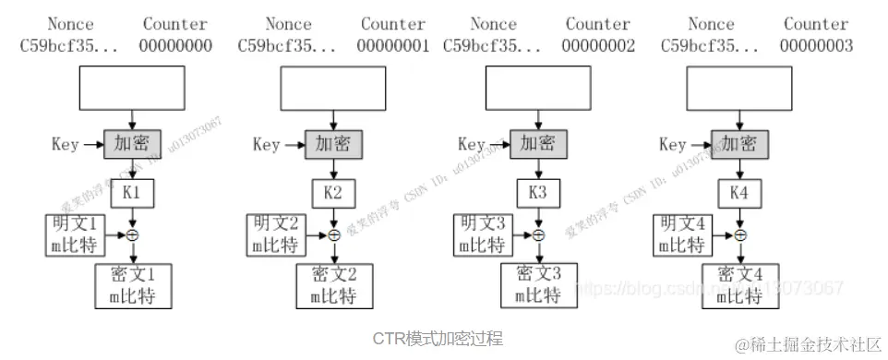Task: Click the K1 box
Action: [x=133, y=193]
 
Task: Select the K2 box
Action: [x=333, y=193]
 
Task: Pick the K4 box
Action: [x=739, y=193]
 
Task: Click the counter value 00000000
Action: [x=175, y=44]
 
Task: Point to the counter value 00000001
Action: [x=393, y=44]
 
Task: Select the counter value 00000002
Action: [x=598, y=44]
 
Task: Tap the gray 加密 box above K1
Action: [x=132, y=143]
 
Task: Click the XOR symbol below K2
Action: [x=334, y=235]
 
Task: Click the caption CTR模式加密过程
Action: [x=438, y=338]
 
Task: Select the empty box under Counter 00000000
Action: [x=133, y=91]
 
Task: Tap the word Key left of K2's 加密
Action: [x=266, y=144]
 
